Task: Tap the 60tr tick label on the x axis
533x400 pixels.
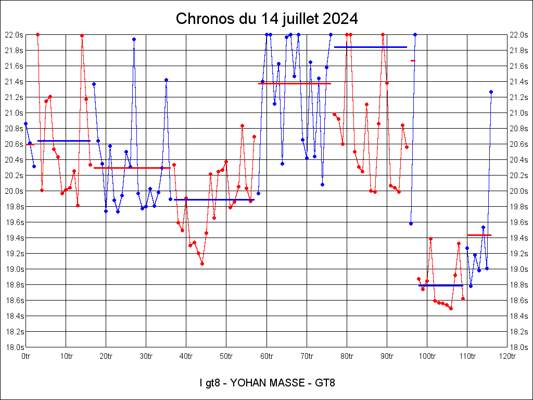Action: (x=266, y=356)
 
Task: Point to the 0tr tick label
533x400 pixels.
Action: (x=26, y=356)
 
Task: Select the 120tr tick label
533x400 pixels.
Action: (x=507, y=356)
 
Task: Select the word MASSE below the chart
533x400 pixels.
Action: (x=290, y=383)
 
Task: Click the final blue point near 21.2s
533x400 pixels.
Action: (x=491, y=92)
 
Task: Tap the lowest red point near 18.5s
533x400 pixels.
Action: (x=451, y=308)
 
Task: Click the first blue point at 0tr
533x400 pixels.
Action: (x=26, y=123)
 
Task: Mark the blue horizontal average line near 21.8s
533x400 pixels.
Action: (x=370, y=47)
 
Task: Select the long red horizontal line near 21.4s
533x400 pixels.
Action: (x=295, y=83)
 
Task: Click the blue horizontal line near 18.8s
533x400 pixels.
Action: (x=440, y=285)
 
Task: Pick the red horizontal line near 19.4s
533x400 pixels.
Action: (x=479, y=235)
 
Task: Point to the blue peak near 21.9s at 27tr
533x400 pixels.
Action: (x=134, y=39)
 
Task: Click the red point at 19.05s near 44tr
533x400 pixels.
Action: (x=202, y=264)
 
